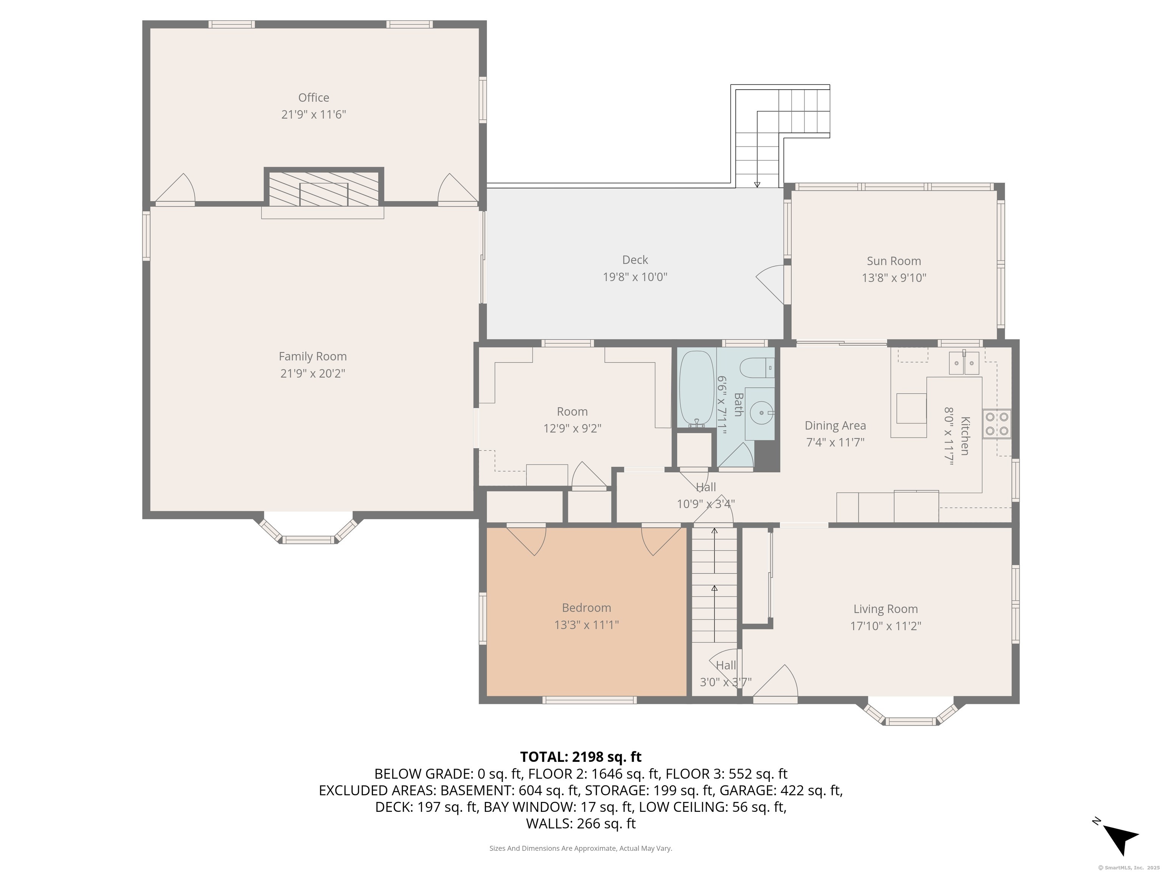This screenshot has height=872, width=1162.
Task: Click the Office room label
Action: pyautogui.click(x=314, y=98)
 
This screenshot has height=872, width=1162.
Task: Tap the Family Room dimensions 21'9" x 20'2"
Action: pyautogui.click(x=312, y=374)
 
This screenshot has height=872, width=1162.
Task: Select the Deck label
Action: pyautogui.click(x=635, y=260)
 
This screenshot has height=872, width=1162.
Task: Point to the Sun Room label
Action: pyautogui.click(x=893, y=261)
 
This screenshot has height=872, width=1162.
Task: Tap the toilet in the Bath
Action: pyautogui.click(x=757, y=367)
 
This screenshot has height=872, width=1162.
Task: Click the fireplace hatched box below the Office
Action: pyautogui.click(x=323, y=188)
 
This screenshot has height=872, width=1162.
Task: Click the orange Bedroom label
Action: pyautogui.click(x=586, y=607)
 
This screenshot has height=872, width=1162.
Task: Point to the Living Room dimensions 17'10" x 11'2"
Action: pyautogui.click(x=885, y=626)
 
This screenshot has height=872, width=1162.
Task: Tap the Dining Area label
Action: pyautogui.click(x=835, y=425)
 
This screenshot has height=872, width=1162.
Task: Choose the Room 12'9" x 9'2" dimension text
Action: pyautogui.click(x=572, y=428)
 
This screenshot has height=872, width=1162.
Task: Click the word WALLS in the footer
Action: pyautogui.click(x=548, y=824)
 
